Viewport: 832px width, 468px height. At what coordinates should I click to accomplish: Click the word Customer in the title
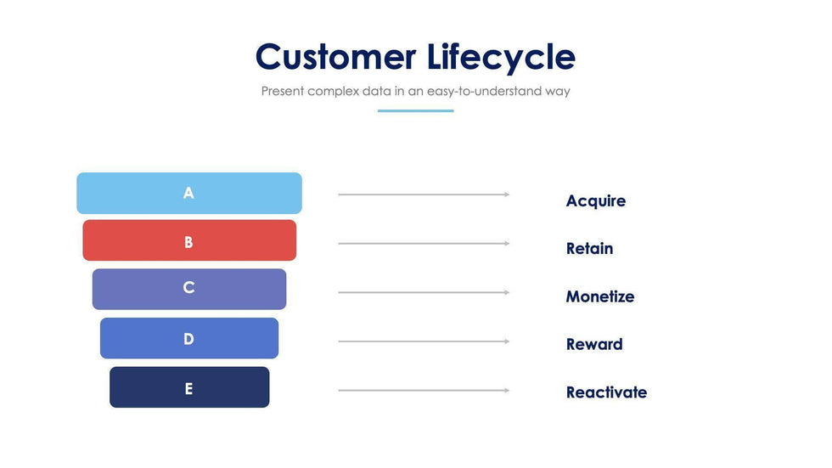tap(336, 56)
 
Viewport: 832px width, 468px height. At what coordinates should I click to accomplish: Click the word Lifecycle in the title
tap(501, 57)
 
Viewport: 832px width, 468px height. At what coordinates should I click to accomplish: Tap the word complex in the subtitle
tap(333, 91)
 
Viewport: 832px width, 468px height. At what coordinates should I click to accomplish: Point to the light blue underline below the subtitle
tap(415, 111)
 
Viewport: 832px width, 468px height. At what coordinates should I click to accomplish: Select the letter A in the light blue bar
tap(188, 193)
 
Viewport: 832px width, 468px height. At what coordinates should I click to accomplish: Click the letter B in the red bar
tap(188, 242)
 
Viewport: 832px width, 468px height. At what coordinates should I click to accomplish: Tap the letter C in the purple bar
tap(188, 288)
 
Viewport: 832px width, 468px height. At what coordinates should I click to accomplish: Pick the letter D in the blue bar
tap(188, 339)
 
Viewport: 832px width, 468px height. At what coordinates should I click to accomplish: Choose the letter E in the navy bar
tap(188, 389)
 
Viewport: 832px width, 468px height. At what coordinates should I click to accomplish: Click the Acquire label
tap(596, 201)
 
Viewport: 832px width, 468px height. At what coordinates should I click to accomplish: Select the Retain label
tap(589, 248)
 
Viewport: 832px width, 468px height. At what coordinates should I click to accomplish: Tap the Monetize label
tap(600, 296)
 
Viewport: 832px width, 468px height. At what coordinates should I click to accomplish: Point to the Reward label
tap(594, 344)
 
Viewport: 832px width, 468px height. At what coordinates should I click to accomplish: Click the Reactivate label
tap(606, 392)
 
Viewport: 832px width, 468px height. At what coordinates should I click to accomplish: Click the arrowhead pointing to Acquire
tap(507, 195)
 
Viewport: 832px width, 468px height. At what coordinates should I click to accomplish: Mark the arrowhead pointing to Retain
tap(507, 244)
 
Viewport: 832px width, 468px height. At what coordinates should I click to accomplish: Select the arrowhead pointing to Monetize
tap(507, 292)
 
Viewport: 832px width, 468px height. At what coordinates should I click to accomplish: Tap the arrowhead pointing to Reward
tap(507, 341)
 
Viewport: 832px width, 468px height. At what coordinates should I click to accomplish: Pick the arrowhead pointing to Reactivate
tap(507, 391)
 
